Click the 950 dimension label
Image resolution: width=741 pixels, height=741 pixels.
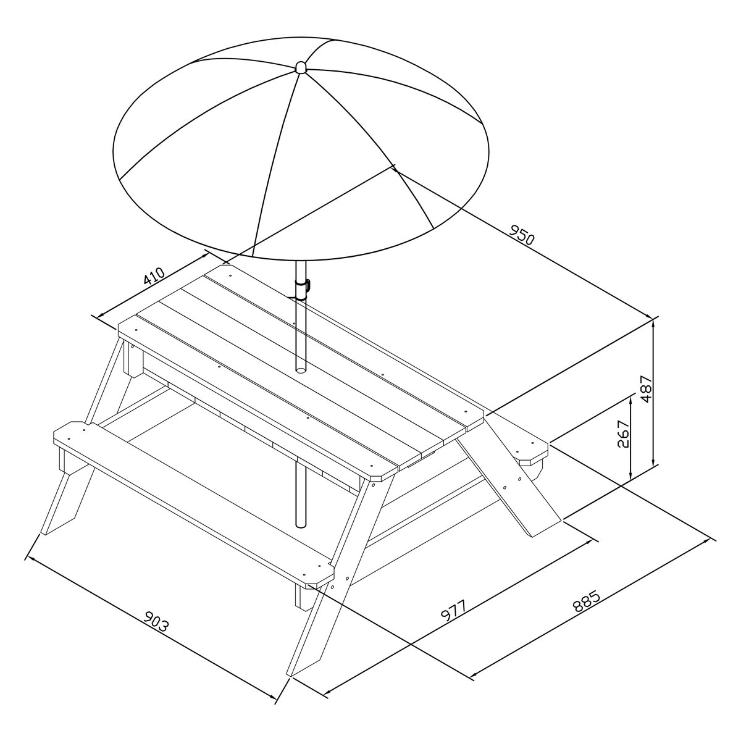[522, 235]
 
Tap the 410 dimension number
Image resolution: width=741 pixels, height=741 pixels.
[154, 275]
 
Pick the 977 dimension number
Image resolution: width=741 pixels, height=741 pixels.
[454, 610]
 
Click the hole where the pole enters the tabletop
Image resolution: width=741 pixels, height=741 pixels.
[300, 370]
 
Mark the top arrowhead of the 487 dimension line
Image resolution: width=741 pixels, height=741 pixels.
[653, 322]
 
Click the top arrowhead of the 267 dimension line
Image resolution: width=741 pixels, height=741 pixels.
[631, 399]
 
